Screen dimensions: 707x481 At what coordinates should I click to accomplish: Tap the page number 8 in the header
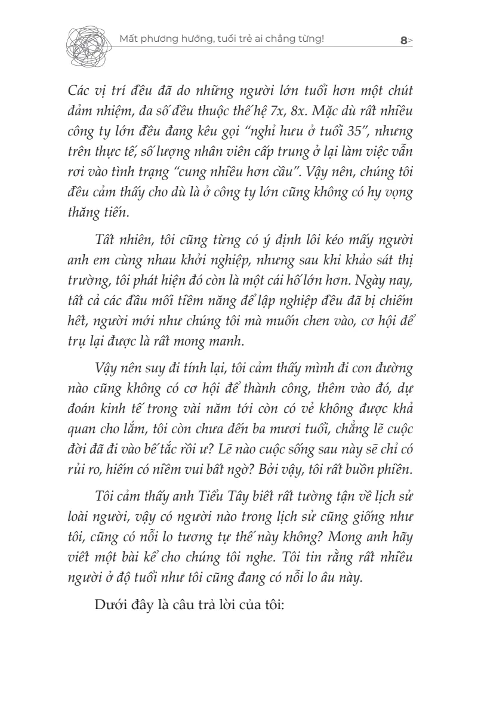pos(404,41)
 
